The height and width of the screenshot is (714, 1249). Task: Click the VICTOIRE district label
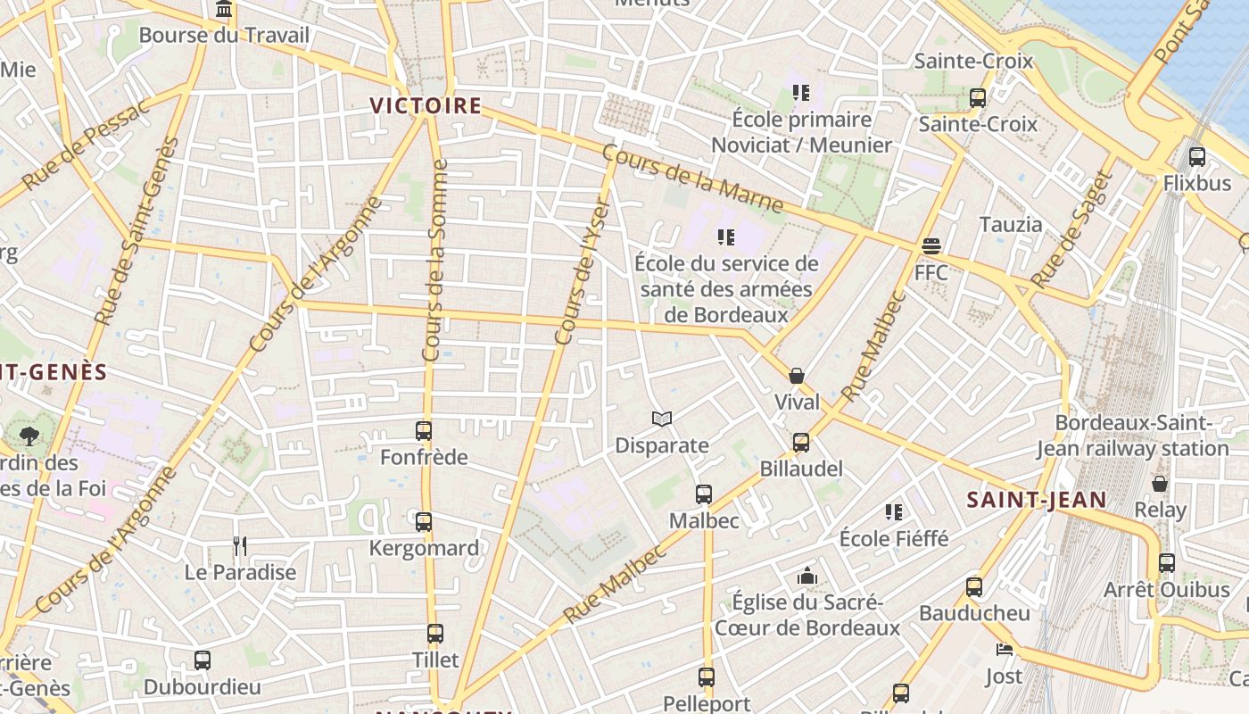[426, 106]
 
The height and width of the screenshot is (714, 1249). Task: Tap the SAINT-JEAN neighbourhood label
[1037, 500]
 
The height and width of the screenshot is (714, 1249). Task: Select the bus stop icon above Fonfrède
[424, 431]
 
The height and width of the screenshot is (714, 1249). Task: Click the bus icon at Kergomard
[424, 521]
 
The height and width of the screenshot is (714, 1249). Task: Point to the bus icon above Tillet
[435, 634]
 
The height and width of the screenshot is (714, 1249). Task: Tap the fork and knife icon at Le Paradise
[239, 545]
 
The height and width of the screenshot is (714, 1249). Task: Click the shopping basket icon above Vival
[797, 376]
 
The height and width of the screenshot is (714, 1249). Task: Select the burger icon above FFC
[931, 245]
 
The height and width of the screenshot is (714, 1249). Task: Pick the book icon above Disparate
[661, 419]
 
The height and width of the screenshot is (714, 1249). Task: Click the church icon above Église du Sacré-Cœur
[807, 576]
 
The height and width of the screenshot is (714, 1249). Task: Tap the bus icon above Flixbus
[1197, 157]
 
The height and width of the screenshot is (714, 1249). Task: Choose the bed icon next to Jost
[1005, 650]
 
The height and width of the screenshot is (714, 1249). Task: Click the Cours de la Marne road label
[692, 179]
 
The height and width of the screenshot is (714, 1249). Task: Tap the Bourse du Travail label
[224, 36]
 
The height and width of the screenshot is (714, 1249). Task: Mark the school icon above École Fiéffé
[894, 511]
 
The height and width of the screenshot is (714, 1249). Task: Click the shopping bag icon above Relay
[1160, 484]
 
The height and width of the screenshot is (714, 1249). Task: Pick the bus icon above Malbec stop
[704, 494]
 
